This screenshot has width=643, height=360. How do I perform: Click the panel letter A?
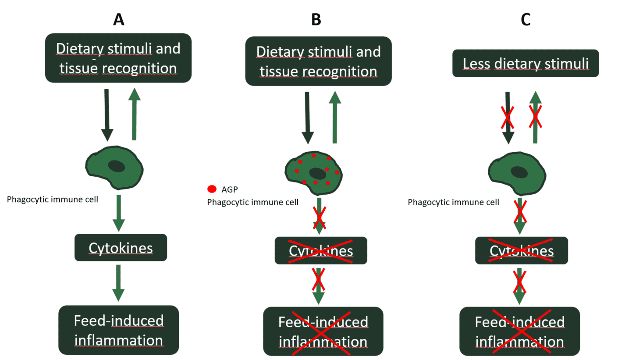click(x=118, y=20)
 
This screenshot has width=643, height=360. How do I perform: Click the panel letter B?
click(x=316, y=20)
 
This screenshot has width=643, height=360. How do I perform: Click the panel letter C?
click(x=526, y=20)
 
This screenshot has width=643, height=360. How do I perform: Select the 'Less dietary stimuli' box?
click(x=526, y=64)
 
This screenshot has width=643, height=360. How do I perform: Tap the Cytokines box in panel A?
click(x=121, y=248)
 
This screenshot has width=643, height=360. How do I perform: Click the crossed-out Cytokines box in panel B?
click(x=321, y=251)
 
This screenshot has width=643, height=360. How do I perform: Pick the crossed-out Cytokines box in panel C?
click(x=522, y=251)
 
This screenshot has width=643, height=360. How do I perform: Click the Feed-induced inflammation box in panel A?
click(x=119, y=330)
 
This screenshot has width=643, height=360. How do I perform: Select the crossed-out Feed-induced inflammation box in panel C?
click(x=519, y=331)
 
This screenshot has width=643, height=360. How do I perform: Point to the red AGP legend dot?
click(x=212, y=189)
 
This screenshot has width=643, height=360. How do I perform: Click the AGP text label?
click(x=230, y=189)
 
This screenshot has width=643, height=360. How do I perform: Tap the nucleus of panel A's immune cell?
click(x=117, y=166)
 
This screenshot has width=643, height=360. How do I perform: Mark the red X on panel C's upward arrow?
click(x=535, y=117)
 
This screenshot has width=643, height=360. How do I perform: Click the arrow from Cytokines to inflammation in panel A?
click(x=118, y=283)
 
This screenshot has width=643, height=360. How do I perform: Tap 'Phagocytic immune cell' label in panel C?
click(x=453, y=202)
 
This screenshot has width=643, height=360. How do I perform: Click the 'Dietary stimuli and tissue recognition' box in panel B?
click(x=318, y=61)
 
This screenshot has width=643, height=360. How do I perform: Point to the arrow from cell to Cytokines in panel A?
click(x=118, y=213)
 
